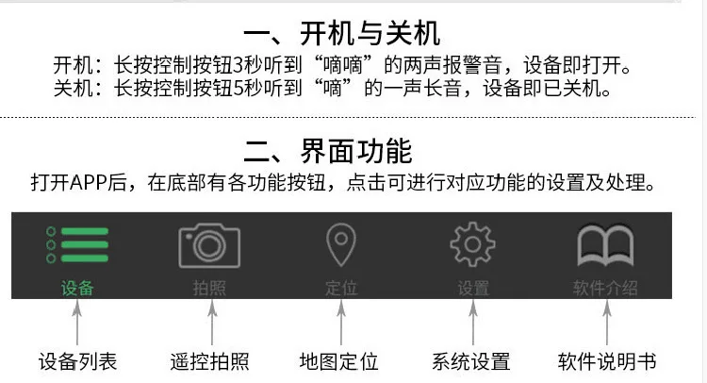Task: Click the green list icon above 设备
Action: tap(77, 244)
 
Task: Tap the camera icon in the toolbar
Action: tap(209, 246)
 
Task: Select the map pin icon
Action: tap(341, 244)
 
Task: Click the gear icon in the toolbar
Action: tap(472, 244)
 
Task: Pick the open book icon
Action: tap(605, 245)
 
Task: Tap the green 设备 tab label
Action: tap(77, 288)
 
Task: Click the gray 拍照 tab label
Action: tap(209, 288)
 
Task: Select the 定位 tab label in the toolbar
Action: tap(341, 288)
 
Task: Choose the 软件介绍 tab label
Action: tap(605, 288)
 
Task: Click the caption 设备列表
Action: tap(77, 362)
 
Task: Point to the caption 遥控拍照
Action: tap(209, 362)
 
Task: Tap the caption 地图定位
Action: tap(339, 362)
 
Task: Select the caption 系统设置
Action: tap(471, 362)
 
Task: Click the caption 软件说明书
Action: tap(607, 362)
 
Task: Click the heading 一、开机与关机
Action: tap(342, 33)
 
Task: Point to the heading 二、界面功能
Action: tap(328, 151)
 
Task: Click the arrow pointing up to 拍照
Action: tap(212, 323)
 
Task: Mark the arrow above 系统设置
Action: tap(473, 323)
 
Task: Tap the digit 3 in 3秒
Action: tap(238, 65)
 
